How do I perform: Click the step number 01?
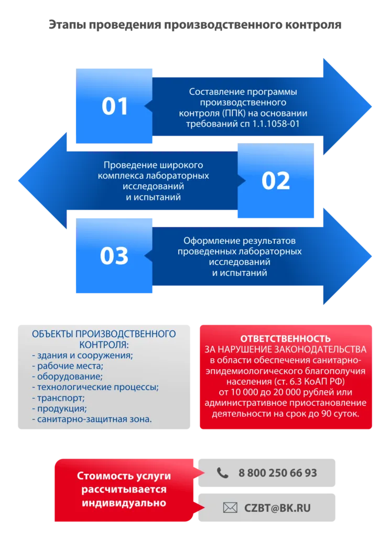coord(115,106)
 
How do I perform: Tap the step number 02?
coord(276,181)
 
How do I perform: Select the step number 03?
coord(114,256)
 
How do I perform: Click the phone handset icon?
coord(223,473)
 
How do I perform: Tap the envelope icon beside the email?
coord(230,508)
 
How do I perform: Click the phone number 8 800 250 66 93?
coord(278,473)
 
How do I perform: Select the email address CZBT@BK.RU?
coord(277,508)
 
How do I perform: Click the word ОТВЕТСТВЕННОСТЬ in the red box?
coord(286,339)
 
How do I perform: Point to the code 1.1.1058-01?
coord(276,124)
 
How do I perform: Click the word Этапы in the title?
coord(67,25)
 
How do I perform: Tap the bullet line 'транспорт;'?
coord(58,398)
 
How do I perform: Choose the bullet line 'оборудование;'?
coord(68,377)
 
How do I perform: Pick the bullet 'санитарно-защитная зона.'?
coord(92,419)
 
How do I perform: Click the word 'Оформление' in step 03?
coord(208,241)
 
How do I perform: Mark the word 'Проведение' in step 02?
coord(126,165)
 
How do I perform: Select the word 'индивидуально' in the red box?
coord(124,503)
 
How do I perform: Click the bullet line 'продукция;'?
coord(59,409)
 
